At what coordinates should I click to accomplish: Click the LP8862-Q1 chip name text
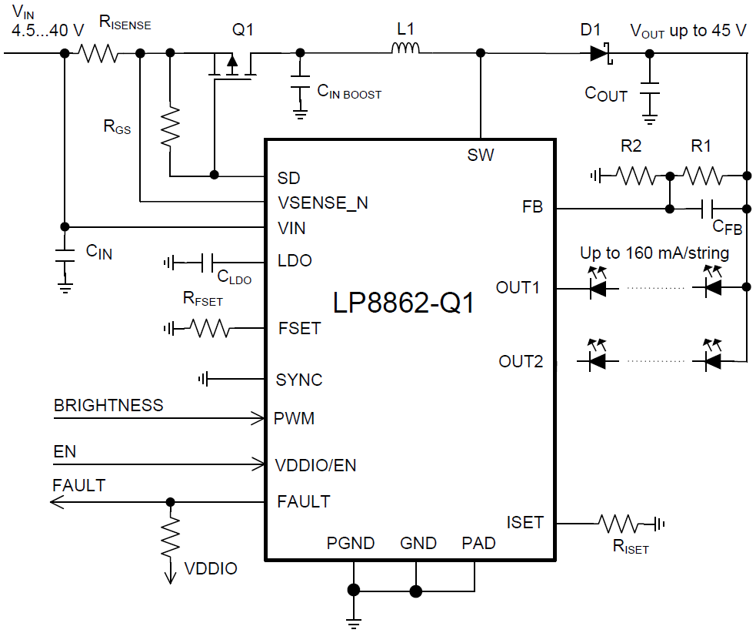click(x=404, y=303)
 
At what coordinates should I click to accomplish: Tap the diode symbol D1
click(x=599, y=53)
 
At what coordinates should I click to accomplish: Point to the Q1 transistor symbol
click(x=232, y=65)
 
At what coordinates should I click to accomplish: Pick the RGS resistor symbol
click(x=170, y=126)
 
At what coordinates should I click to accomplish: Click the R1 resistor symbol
click(x=703, y=176)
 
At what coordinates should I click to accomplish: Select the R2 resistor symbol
click(x=636, y=176)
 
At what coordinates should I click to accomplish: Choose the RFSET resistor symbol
click(x=209, y=329)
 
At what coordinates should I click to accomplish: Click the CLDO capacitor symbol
click(x=207, y=263)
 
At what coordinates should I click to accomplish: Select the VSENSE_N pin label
click(x=322, y=203)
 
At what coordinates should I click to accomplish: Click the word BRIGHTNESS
click(x=108, y=405)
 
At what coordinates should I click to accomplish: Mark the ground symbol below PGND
click(x=354, y=621)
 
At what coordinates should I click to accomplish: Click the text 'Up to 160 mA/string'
click(x=654, y=253)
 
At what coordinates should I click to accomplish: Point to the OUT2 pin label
click(x=521, y=361)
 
